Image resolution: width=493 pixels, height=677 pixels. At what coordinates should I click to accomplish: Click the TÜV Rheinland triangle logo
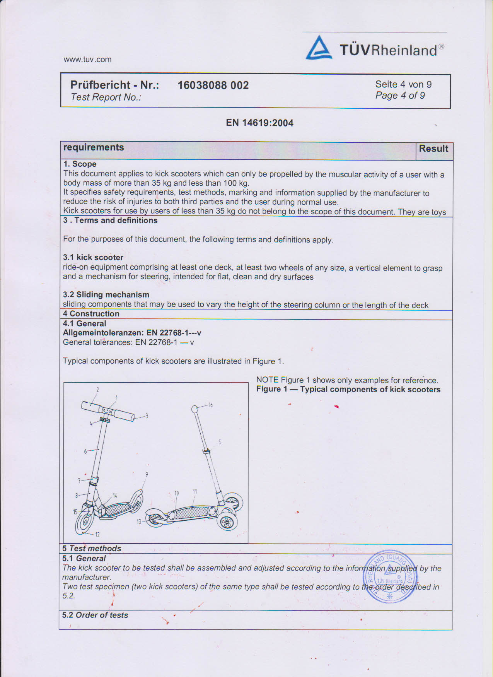pyautogui.click(x=319, y=48)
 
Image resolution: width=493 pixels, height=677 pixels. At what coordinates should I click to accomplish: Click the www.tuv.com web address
pyautogui.click(x=87, y=60)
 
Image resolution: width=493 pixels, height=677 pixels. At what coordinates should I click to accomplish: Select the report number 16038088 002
pyautogui.click(x=213, y=85)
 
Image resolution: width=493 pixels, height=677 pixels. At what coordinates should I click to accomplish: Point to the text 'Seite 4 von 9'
pyautogui.click(x=403, y=84)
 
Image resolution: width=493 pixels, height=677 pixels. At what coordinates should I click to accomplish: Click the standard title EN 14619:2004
pyautogui.click(x=259, y=123)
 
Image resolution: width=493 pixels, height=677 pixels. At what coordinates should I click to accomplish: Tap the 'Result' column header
pyautogui.click(x=433, y=149)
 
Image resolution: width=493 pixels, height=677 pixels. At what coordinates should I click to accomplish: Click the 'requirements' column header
pyautogui.click(x=94, y=147)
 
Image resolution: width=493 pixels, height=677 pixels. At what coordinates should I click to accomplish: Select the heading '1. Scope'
pyautogui.click(x=80, y=164)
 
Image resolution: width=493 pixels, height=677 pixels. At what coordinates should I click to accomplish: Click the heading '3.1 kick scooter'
pyautogui.click(x=93, y=258)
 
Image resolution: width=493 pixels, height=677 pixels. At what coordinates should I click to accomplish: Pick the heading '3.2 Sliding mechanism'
pyautogui.click(x=106, y=295)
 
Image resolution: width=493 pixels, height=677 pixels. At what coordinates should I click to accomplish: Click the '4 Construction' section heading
pyautogui.click(x=91, y=314)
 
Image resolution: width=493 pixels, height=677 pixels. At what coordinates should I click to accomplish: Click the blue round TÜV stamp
pyautogui.click(x=389, y=576)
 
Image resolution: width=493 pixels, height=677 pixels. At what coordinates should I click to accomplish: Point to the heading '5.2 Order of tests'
pyautogui.click(x=95, y=615)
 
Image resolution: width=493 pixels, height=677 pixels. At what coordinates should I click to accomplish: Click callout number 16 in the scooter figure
pyautogui.click(x=210, y=405)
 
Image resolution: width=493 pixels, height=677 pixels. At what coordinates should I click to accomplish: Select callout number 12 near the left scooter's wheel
pyautogui.click(x=97, y=535)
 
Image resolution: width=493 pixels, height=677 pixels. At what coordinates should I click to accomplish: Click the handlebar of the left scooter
pyautogui.click(x=108, y=412)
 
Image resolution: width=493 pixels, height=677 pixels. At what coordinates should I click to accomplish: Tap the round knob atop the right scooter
pyautogui.click(x=195, y=409)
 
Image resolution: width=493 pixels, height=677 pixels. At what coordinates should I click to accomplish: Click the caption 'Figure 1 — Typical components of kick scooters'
pyautogui.click(x=348, y=390)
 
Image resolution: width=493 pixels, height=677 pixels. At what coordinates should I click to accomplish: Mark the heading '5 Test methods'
pyautogui.click(x=92, y=549)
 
